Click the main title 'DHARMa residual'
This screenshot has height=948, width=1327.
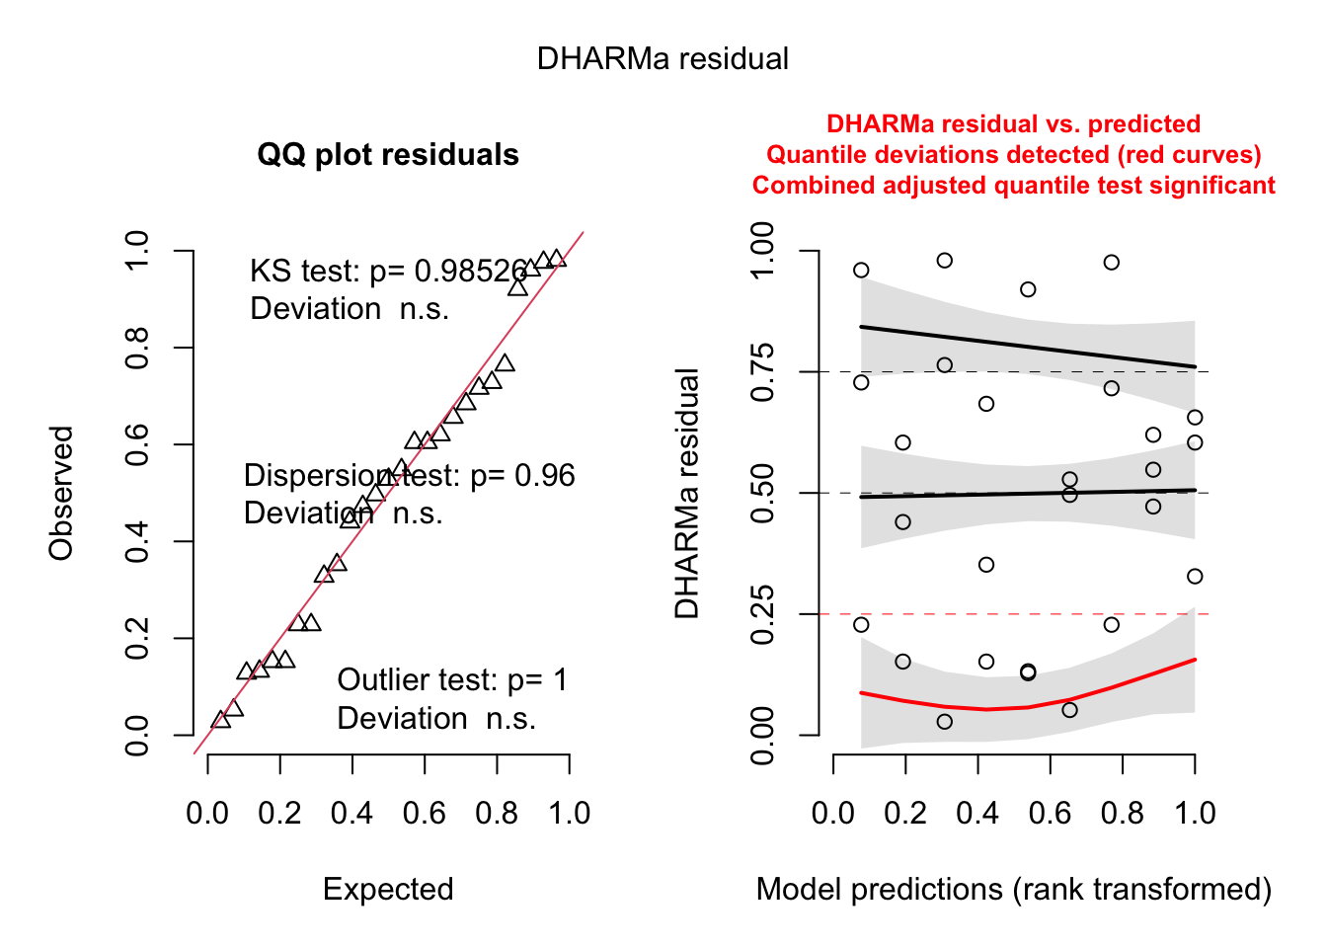click(x=663, y=59)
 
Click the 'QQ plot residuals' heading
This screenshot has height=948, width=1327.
click(x=388, y=155)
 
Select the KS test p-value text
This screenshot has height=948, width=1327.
click(x=388, y=272)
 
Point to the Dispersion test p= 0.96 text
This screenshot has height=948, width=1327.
click(x=409, y=476)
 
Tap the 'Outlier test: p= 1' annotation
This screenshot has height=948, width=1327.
click(x=452, y=680)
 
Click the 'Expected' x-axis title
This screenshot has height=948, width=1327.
click(x=388, y=890)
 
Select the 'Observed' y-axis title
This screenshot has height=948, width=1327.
click(x=61, y=493)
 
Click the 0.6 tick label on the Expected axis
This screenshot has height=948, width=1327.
click(x=425, y=814)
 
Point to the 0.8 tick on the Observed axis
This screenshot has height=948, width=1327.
click(x=137, y=348)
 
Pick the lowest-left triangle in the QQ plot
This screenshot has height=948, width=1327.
click(x=221, y=720)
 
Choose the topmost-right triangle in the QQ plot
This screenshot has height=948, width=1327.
click(x=557, y=259)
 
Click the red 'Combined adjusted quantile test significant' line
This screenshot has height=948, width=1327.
click(x=1013, y=186)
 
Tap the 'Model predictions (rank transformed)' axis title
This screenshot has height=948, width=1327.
click(x=1013, y=890)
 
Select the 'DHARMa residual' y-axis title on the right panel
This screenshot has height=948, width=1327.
click(x=687, y=493)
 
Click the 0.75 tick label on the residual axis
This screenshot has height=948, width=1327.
click(x=762, y=372)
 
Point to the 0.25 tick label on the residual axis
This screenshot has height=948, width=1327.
click(x=762, y=614)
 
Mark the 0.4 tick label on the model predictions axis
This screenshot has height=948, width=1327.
click(x=977, y=814)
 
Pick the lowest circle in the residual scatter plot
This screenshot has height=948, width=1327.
click(x=945, y=722)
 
